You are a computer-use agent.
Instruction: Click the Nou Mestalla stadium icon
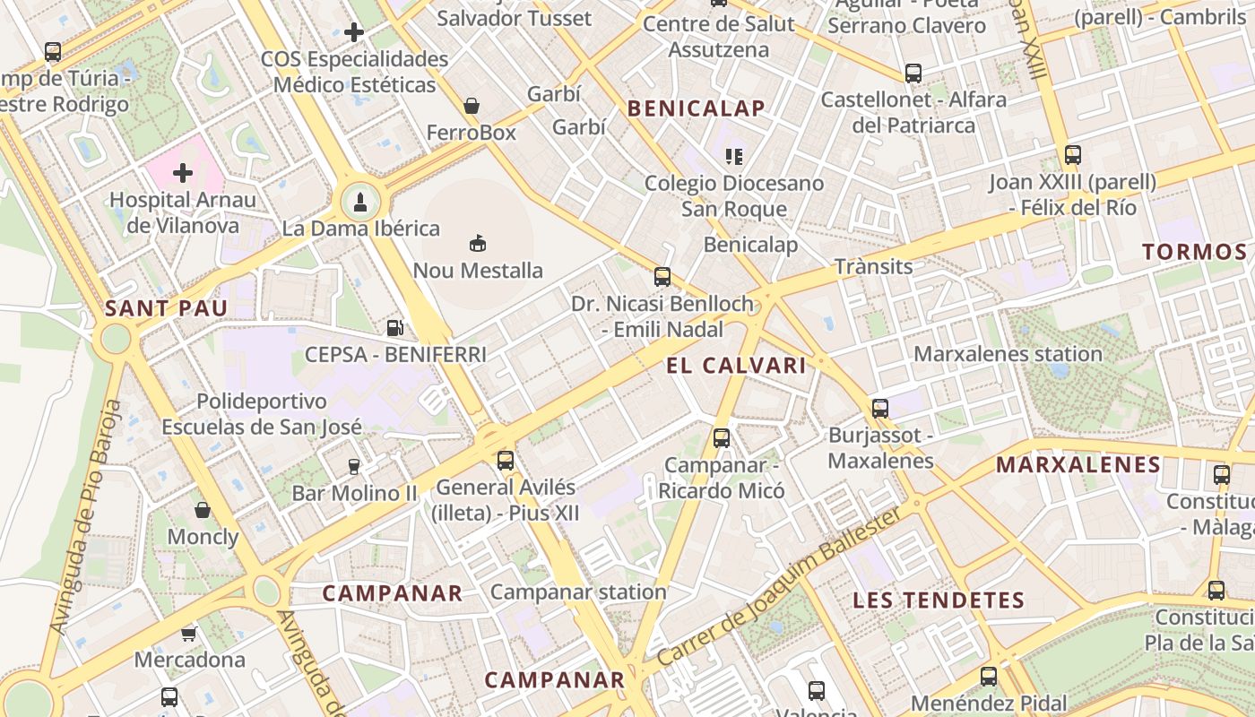coord(478,243)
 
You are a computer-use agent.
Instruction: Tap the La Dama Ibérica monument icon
coord(360,202)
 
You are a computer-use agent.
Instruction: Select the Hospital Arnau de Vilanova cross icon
coord(183,172)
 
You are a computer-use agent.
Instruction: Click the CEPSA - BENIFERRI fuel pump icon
coord(394,328)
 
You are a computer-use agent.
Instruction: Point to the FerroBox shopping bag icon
coord(472,107)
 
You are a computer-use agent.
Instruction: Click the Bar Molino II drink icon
coord(354,466)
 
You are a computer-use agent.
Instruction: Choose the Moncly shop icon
coord(203,510)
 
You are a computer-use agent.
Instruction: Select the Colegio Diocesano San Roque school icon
coord(734,157)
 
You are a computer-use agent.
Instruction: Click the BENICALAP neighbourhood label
coord(697,109)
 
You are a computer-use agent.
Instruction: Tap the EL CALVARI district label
coord(736,366)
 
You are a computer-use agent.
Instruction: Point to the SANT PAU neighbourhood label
coord(166,309)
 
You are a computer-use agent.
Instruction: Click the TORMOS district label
coord(1194,252)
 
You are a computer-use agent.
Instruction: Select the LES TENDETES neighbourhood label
coord(938,600)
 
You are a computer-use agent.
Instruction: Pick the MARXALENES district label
coord(1078,465)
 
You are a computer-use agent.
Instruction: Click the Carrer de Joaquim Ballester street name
coord(779,587)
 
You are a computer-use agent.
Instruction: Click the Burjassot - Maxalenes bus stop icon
coord(880,409)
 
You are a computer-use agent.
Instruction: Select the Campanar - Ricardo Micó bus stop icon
coord(722,438)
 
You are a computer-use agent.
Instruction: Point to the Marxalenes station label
coord(1008,354)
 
